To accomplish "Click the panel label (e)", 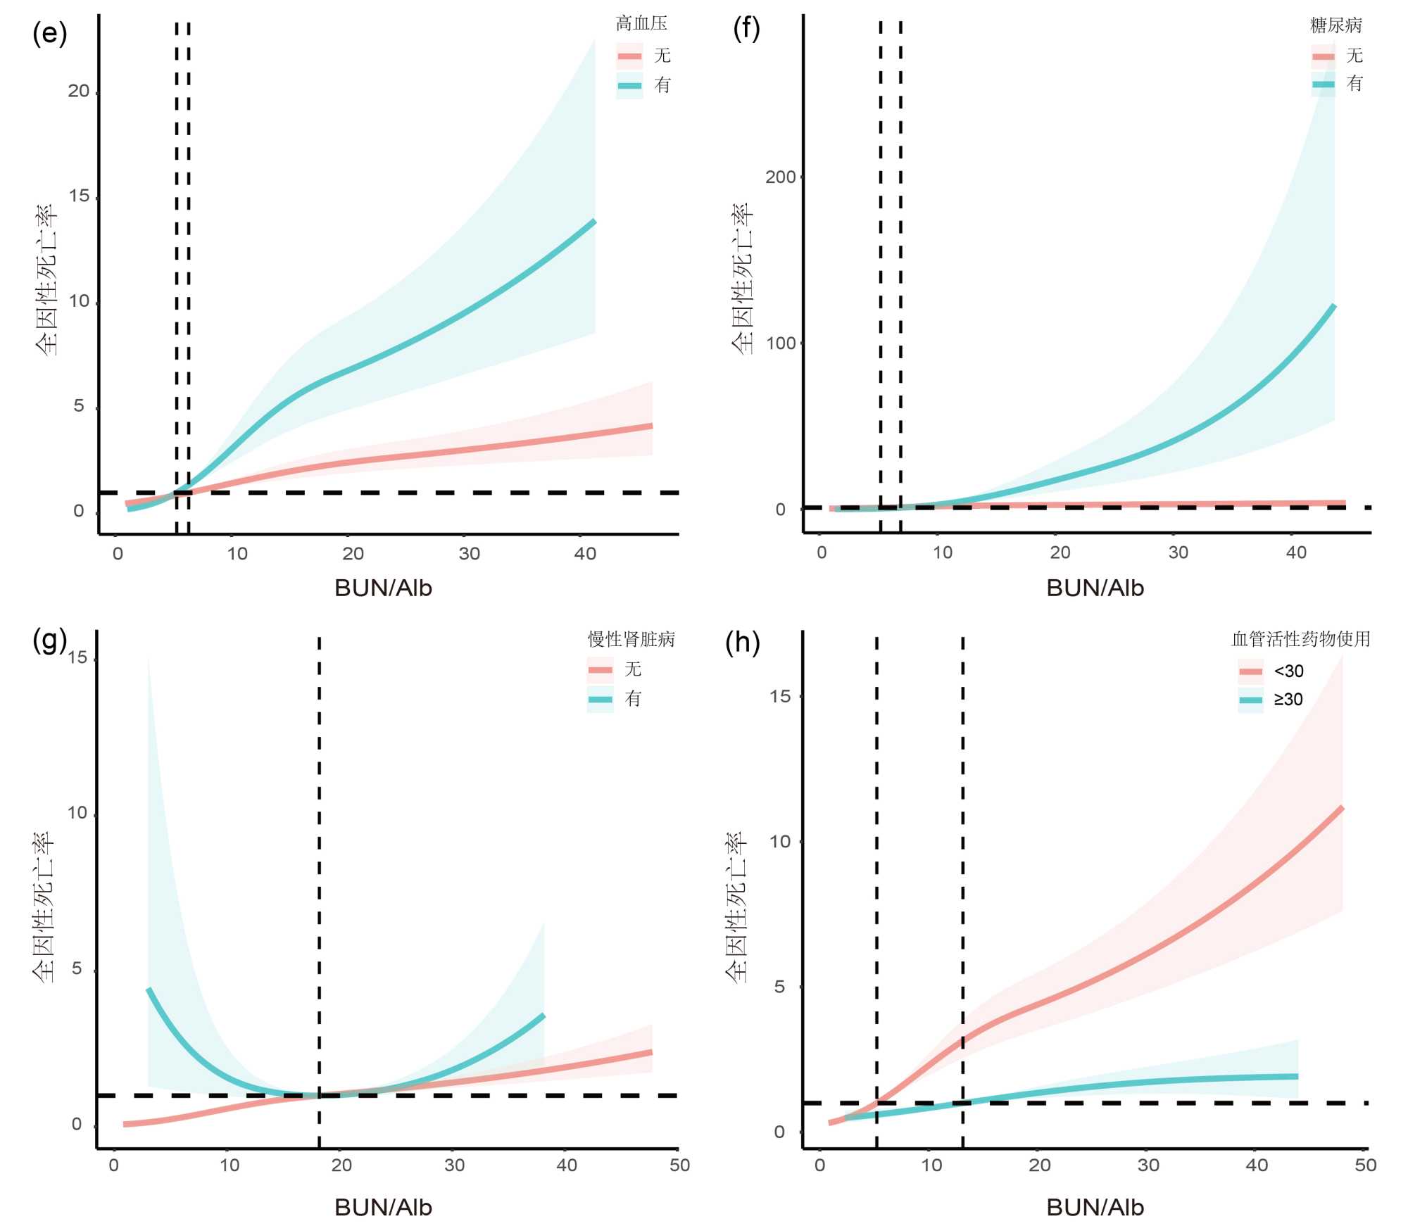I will coord(49,33).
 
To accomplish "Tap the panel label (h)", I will coord(743,642).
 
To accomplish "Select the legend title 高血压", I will coord(641,24).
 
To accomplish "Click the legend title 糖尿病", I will coord(1335,26).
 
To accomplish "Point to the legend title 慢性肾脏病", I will coord(631,639).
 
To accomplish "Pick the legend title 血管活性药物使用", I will coord(1300,639).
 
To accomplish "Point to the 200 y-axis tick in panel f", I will coord(780,177).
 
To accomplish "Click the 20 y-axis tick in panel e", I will coord(79,91).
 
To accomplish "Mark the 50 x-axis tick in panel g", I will coord(679,1165).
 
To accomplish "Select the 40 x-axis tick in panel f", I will coord(1296,552).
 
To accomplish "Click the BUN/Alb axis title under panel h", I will coord(1095,1207).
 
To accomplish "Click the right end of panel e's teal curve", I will coord(594,222).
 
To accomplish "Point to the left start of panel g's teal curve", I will coord(149,990).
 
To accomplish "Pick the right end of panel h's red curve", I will coord(1342,808).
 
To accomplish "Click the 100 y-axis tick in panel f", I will coord(780,343).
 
